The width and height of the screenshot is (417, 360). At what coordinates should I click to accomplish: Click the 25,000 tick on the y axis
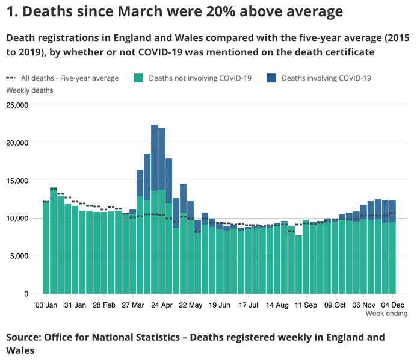(18, 105)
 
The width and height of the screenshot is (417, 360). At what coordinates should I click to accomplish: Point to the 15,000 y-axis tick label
(18, 181)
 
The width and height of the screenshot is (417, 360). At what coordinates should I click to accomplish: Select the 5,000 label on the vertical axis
(20, 256)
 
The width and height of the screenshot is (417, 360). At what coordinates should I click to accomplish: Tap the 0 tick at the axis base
(26, 294)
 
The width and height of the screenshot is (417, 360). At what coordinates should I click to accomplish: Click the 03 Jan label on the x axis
(46, 305)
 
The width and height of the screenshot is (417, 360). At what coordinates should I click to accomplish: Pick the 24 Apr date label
(162, 305)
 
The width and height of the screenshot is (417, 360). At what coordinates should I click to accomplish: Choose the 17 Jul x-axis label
(249, 305)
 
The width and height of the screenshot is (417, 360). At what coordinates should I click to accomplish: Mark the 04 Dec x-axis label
(393, 305)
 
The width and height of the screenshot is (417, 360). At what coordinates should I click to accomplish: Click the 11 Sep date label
(306, 305)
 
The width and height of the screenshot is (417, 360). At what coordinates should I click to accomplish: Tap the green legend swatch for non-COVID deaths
(138, 78)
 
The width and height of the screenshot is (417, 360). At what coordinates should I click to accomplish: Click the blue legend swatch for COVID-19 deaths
(271, 78)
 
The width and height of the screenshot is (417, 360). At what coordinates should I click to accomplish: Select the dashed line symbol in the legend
(11, 78)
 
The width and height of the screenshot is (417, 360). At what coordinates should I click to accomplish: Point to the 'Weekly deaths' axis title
(29, 90)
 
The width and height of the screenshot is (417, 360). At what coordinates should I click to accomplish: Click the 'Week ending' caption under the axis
(386, 314)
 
